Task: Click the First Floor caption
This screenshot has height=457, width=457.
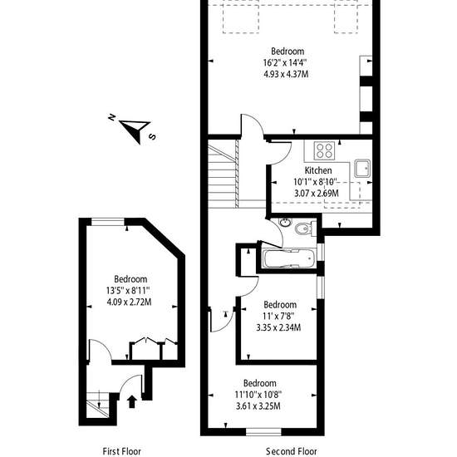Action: [x=121, y=451]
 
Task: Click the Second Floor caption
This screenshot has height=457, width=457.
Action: [x=291, y=451]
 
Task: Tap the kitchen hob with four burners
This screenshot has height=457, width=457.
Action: [x=324, y=150]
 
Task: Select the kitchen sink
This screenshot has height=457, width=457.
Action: [x=362, y=169]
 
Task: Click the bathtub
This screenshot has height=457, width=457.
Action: [x=289, y=258]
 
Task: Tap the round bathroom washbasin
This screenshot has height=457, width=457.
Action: [x=285, y=223]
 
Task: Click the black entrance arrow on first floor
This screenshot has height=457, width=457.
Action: [x=132, y=401]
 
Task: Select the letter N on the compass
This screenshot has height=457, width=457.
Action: [x=111, y=117]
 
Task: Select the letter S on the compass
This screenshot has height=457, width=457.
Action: [x=152, y=136]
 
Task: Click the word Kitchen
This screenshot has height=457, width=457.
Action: [x=318, y=170]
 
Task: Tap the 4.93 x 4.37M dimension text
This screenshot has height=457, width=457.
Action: [x=286, y=74]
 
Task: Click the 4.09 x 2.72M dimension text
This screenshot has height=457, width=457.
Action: [x=129, y=302]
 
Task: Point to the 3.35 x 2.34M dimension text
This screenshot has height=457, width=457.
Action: [x=278, y=327]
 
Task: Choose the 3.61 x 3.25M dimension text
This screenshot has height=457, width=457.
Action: [x=258, y=405]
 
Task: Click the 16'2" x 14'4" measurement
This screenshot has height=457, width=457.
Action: [x=285, y=62]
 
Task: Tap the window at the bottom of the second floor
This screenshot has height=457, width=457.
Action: [x=263, y=432]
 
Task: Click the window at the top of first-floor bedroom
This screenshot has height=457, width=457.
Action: [x=108, y=222]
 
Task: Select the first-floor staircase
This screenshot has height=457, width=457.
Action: [x=98, y=405]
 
